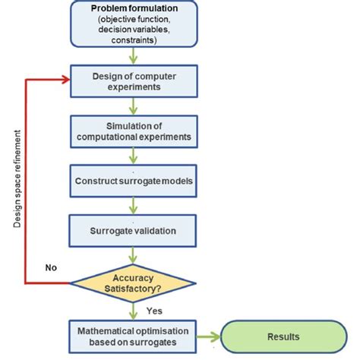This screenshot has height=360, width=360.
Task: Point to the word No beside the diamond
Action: [x=52, y=267]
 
